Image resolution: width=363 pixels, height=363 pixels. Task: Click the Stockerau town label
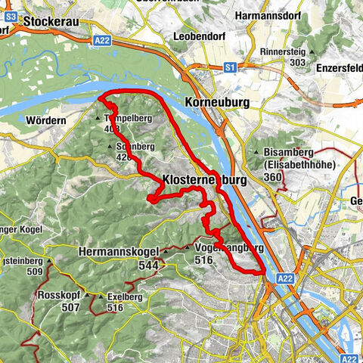point(52,22)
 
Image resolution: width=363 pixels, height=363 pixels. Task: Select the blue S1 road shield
point(229,67)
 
